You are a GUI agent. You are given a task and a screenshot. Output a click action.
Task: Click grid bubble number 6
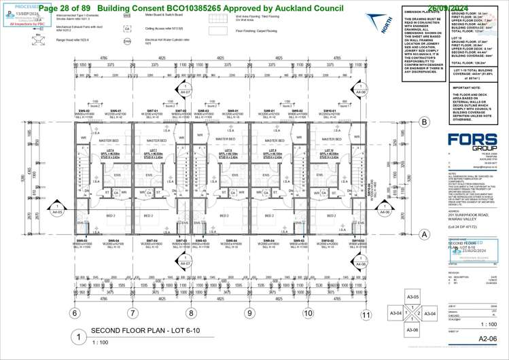coord(74,314)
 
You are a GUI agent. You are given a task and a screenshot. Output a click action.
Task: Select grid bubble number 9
coord(249,314)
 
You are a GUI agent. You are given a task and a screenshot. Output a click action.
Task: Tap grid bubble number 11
coord(366,314)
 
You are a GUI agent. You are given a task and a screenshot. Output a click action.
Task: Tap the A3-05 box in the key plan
coord(412,298)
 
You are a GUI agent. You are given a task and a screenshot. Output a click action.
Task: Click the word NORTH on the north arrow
coord(387,29)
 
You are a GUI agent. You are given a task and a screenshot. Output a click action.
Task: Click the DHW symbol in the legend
coord(127,41)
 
